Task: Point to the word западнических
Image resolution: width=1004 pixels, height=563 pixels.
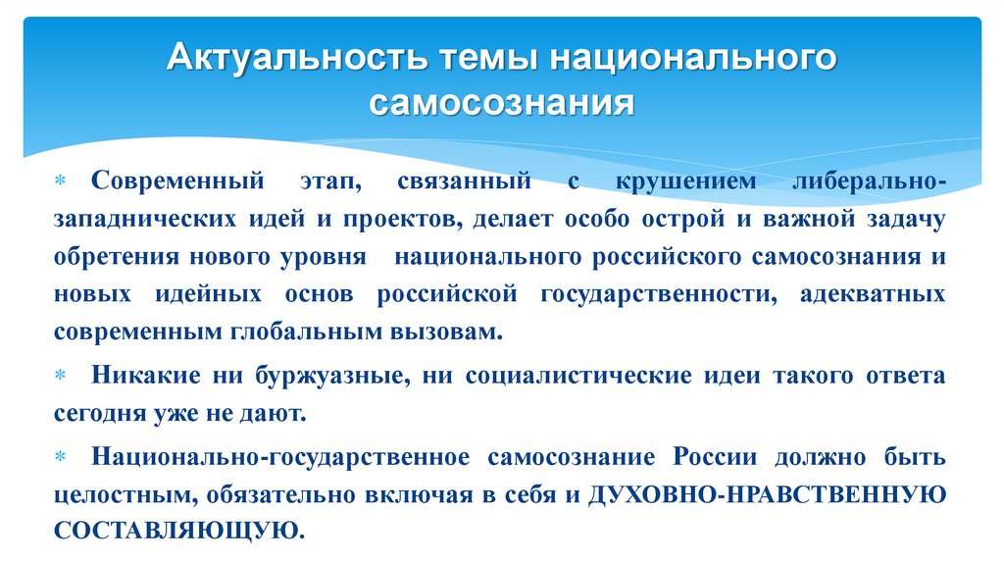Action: tap(141, 220)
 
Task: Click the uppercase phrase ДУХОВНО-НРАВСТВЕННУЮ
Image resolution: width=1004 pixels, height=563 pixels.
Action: tap(766, 494)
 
